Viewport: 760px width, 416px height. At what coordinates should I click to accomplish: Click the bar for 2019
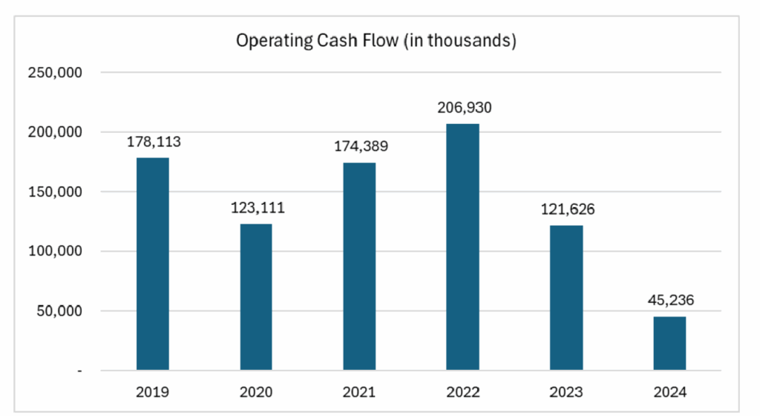tap(153, 264)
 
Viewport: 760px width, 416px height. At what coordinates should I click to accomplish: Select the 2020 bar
tap(256, 296)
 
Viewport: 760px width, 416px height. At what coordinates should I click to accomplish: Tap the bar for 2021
tap(359, 266)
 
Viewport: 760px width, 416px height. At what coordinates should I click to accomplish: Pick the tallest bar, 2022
tap(463, 247)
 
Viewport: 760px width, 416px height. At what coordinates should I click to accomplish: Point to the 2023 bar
tap(566, 298)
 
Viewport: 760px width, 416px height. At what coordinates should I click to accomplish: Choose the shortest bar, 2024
tap(670, 343)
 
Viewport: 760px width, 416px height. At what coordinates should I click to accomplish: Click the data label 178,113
tap(154, 142)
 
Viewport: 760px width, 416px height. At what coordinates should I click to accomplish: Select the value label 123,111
tap(258, 207)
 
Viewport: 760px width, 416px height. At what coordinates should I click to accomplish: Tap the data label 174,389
tap(361, 146)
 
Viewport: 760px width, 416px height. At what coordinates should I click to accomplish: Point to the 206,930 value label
tap(465, 107)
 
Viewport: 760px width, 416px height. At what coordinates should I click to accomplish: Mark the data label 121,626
tap(568, 209)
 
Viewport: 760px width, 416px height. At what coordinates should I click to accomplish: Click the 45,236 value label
tap(671, 300)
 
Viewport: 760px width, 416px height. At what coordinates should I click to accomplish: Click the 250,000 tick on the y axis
tap(55, 72)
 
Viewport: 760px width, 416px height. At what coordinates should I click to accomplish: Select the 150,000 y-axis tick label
tap(55, 192)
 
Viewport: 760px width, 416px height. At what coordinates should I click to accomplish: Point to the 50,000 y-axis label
tap(59, 311)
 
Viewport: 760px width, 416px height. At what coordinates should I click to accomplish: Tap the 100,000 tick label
tap(55, 251)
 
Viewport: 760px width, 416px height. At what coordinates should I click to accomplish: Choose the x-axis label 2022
tap(463, 391)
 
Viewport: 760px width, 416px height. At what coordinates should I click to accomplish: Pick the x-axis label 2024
tap(670, 391)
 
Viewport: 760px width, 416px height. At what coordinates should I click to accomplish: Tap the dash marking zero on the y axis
tap(80, 371)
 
